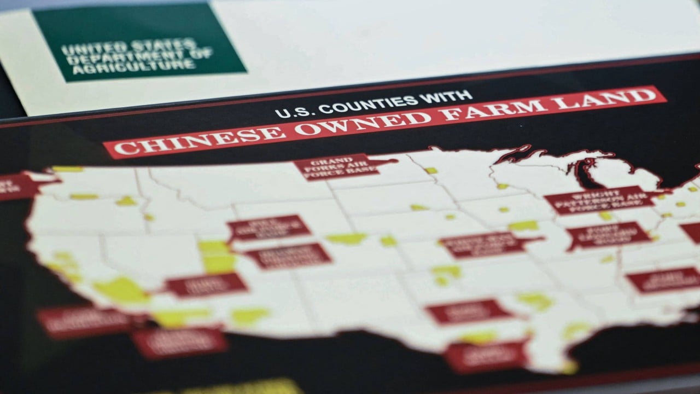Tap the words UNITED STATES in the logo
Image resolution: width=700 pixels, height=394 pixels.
click(129, 47)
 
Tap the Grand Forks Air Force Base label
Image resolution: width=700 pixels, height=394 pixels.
click(337, 166)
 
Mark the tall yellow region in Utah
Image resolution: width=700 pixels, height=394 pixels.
click(218, 257)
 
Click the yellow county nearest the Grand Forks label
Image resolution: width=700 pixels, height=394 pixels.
click(430, 170)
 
